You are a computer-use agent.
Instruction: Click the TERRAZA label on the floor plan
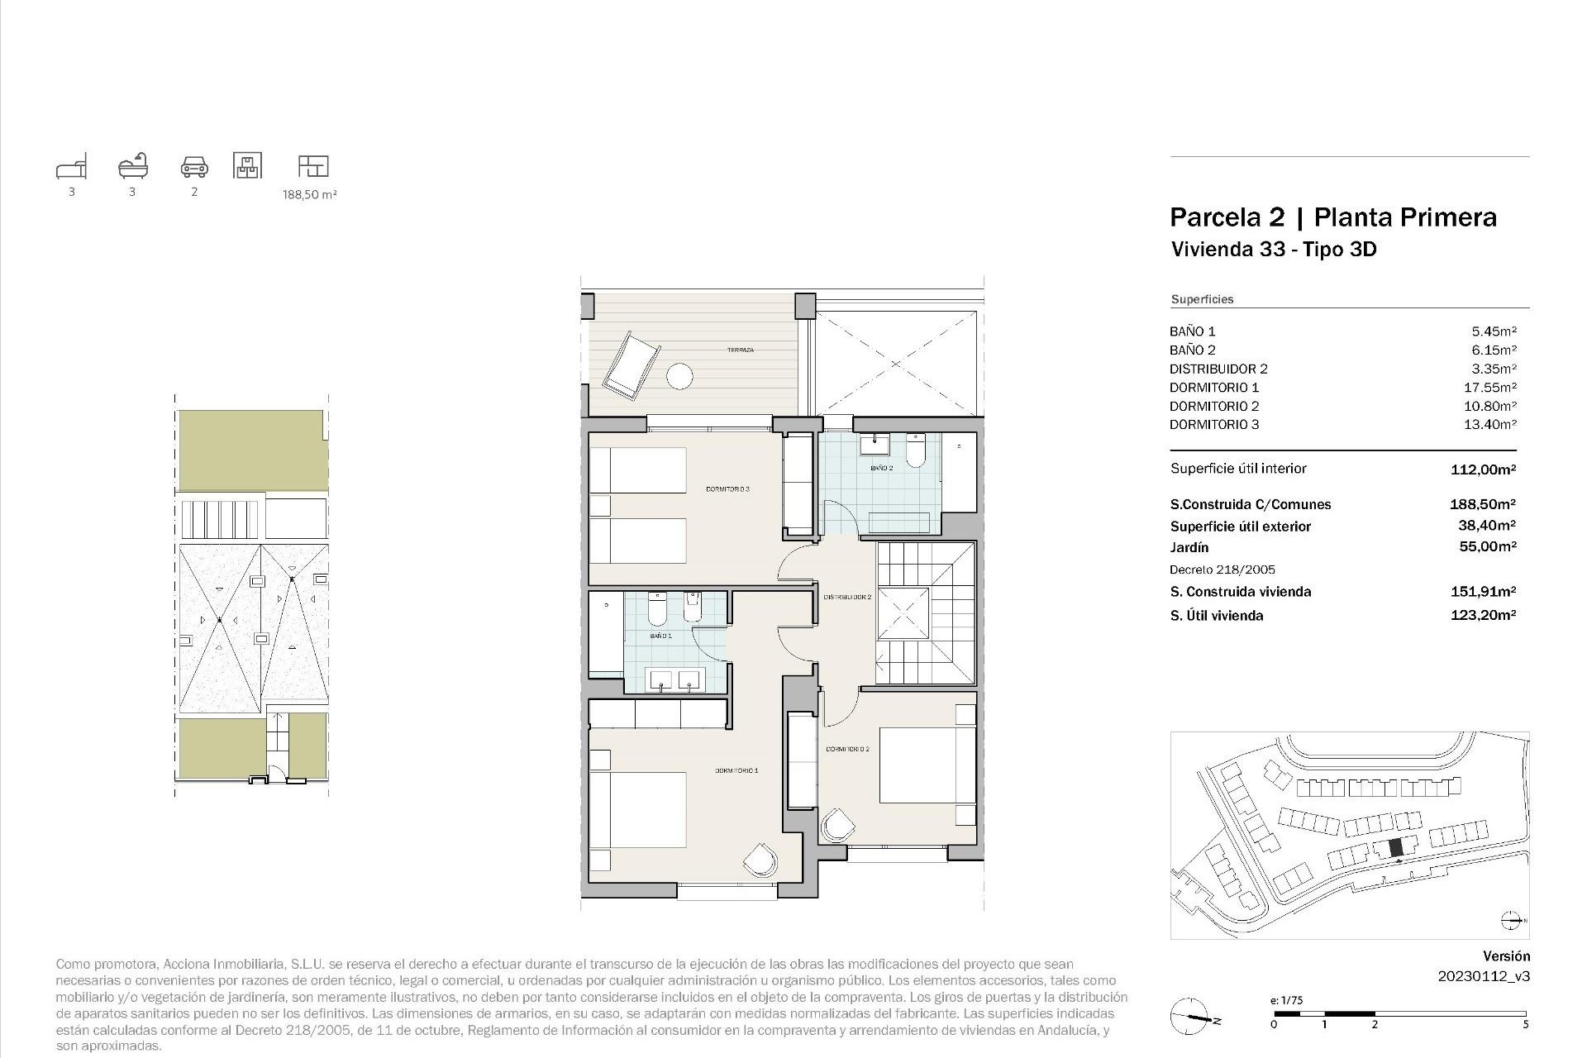click(x=740, y=350)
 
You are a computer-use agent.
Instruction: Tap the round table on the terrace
click(x=679, y=376)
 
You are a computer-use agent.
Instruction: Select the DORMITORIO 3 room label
click(x=727, y=489)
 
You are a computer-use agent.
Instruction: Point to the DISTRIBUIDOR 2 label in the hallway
click(x=847, y=597)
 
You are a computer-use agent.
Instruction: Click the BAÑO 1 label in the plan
click(x=660, y=636)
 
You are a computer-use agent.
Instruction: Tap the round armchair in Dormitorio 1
click(x=760, y=860)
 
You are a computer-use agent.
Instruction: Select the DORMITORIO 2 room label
click(x=847, y=750)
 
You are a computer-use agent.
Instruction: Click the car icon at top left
click(x=194, y=167)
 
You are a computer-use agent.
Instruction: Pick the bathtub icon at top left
click(x=132, y=166)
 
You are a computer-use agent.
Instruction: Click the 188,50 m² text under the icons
click(x=310, y=195)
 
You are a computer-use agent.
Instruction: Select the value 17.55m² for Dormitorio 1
click(x=1493, y=388)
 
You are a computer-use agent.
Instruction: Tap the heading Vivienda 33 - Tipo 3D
click(x=1274, y=249)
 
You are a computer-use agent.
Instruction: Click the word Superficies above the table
click(x=1202, y=299)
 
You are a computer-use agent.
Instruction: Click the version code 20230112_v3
click(x=1484, y=976)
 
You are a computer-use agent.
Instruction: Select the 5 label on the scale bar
click(x=1525, y=1025)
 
